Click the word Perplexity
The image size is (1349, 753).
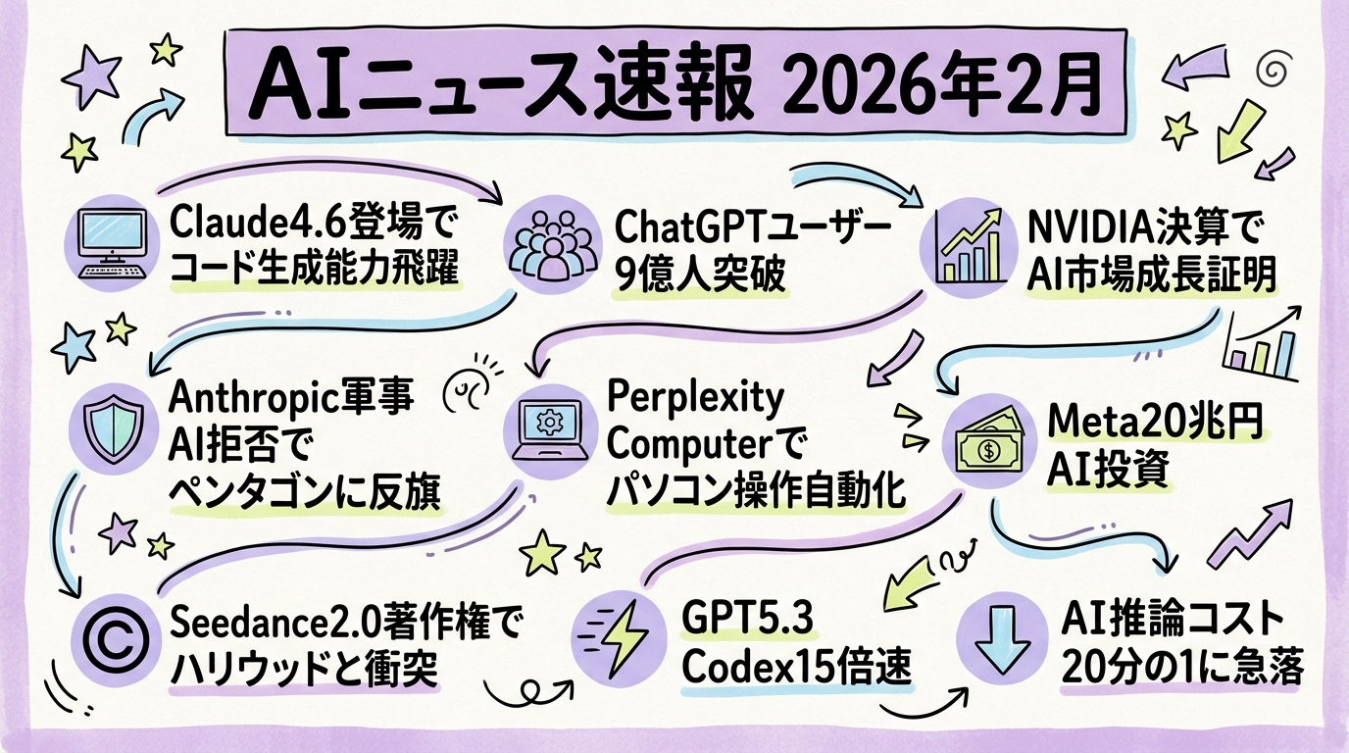coord(696,398)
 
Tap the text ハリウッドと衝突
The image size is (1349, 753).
coord(304,670)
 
